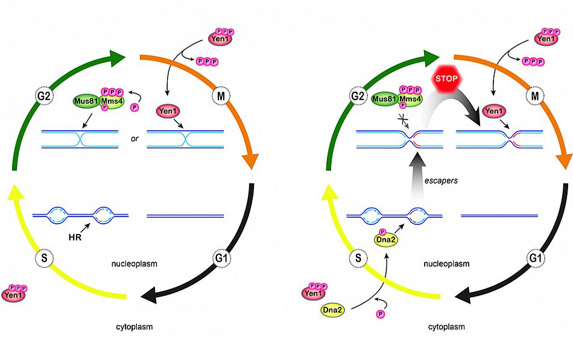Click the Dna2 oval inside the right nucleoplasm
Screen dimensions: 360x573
tap(384, 240)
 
